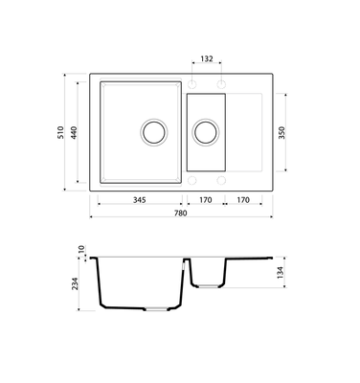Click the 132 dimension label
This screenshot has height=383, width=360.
coord(207,58)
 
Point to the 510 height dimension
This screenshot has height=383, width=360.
coord(60,132)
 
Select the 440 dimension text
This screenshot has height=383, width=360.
coord(74,132)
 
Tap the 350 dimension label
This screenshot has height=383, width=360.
coord(281,132)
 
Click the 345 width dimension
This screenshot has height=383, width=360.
coord(140,200)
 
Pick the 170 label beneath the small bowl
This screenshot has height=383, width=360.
coord(206,200)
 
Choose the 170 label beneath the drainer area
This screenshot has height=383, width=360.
coord(243,200)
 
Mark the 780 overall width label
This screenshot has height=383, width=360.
coord(181,213)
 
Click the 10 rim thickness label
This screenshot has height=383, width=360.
coord(81,249)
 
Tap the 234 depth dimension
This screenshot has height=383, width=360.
coord(75,283)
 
